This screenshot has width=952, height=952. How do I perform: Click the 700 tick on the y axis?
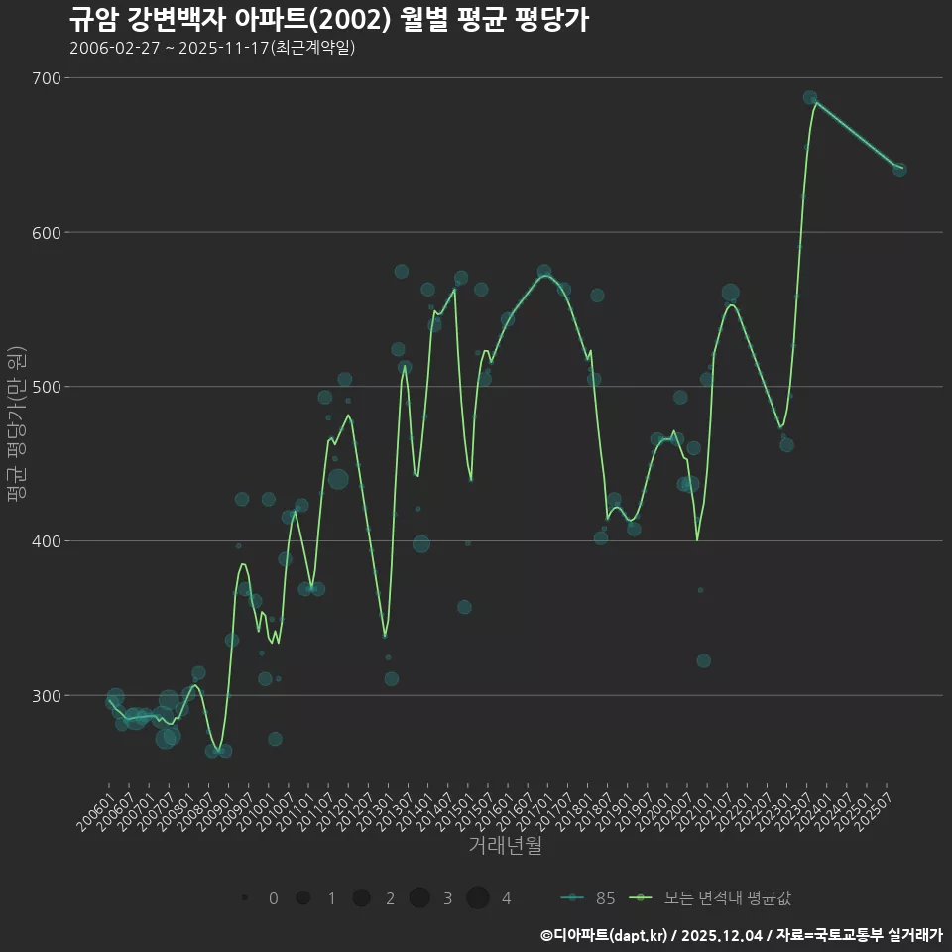(47, 78)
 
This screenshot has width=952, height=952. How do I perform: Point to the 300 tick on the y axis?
(47, 695)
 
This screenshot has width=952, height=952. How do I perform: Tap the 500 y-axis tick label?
(47, 387)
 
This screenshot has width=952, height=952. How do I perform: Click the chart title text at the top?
(329, 20)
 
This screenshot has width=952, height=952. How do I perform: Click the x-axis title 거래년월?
(505, 846)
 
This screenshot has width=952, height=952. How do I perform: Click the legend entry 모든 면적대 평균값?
(712, 898)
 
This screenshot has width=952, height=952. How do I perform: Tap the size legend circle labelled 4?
(478, 898)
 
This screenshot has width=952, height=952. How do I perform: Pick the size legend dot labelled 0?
(244, 898)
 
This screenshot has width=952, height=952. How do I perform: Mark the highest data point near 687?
(810, 98)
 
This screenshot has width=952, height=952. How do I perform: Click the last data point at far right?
(899, 170)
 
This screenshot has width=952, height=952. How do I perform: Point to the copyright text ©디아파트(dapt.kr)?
(605, 935)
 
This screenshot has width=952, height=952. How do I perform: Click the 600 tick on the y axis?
(47, 233)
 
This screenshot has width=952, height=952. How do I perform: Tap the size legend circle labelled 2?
(361, 898)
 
